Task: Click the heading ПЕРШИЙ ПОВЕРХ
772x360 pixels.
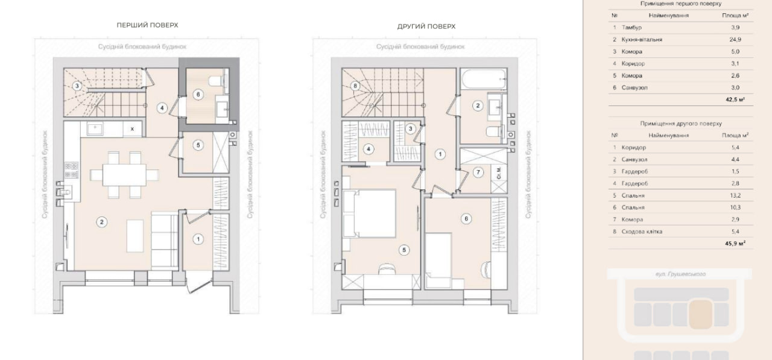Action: pyautogui.click(x=147, y=25)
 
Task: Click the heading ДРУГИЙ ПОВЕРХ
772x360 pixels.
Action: pyautogui.click(x=426, y=27)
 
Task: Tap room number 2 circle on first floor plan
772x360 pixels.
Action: pyautogui.click(x=102, y=222)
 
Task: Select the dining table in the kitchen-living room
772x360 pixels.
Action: pyautogui.click(x=124, y=175)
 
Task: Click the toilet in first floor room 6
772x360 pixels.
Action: pyautogui.click(x=216, y=81)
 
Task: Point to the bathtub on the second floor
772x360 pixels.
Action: pyautogui.click(x=484, y=79)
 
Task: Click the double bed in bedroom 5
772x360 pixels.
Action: pyautogui.click(x=370, y=213)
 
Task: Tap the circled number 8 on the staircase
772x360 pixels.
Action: pyautogui.click(x=355, y=86)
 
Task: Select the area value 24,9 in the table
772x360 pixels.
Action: pyautogui.click(x=735, y=40)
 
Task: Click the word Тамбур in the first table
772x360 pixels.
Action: pyautogui.click(x=631, y=28)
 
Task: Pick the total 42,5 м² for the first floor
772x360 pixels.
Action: pyautogui.click(x=735, y=99)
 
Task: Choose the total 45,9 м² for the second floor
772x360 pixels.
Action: pyautogui.click(x=735, y=244)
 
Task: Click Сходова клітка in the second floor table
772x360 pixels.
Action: pyautogui.click(x=642, y=232)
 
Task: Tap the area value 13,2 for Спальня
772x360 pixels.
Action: pyautogui.click(x=735, y=195)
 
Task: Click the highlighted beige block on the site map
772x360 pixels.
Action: pyautogui.click(x=701, y=314)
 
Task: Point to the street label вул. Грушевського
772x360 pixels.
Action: pyautogui.click(x=680, y=274)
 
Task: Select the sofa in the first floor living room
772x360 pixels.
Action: pyautogui.click(x=165, y=241)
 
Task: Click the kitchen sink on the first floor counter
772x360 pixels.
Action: pyautogui.click(x=95, y=129)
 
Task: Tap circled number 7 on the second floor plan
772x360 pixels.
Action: pyautogui.click(x=478, y=172)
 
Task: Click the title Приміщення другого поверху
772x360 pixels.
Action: pyautogui.click(x=681, y=124)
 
